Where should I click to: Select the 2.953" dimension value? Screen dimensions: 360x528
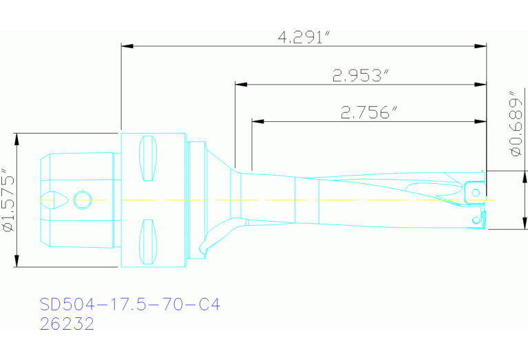[357, 76]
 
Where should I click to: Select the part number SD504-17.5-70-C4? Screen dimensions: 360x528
[130, 304]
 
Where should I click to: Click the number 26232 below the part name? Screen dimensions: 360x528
[67, 324]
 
